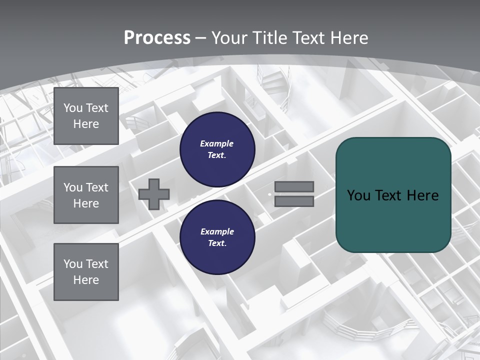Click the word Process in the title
(157, 38)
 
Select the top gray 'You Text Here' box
(86, 116)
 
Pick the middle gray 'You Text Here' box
(86, 195)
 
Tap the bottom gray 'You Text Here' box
(86, 272)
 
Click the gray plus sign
(154, 194)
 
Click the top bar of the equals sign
(294, 187)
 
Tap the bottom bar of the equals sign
(294, 201)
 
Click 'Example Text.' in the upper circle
(217, 149)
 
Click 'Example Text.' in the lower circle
(217, 237)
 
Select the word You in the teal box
(358, 195)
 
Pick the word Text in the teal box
(387, 195)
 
